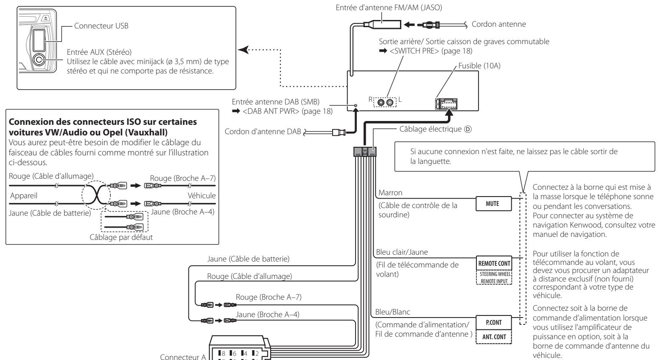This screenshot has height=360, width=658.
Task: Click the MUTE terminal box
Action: tap(493, 204)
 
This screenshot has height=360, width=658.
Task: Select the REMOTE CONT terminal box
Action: tap(494, 263)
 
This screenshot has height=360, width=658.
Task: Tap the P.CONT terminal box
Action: tap(493, 322)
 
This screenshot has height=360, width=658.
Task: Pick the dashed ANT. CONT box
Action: tap(493, 337)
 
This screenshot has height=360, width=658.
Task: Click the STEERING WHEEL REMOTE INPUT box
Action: tap(494, 277)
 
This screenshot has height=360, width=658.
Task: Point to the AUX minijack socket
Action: tap(39, 60)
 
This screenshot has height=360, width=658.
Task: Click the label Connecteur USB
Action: tap(101, 26)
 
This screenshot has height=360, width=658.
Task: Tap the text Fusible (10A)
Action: tap(479, 65)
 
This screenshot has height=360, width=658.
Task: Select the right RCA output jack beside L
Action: tap(390, 102)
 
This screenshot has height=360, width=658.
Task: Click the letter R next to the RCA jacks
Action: tap(371, 99)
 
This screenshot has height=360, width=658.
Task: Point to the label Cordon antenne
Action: tap(498, 24)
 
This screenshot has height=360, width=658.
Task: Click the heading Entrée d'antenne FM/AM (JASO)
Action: tap(389, 8)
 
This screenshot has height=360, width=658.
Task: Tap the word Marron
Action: tap(390, 193)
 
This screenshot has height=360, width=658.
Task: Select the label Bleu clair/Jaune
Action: tap(402, 252)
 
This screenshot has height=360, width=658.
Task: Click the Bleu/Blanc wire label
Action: tap(392, 312)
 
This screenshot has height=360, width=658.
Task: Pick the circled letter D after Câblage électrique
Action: tap(468, 129)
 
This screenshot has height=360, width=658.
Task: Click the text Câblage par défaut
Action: tap(121, 237)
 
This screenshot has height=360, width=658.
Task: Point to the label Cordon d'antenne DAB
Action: tap(263, 131)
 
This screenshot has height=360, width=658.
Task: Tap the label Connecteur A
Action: tap(183, 357)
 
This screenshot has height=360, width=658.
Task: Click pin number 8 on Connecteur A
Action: tap(223, 353)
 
